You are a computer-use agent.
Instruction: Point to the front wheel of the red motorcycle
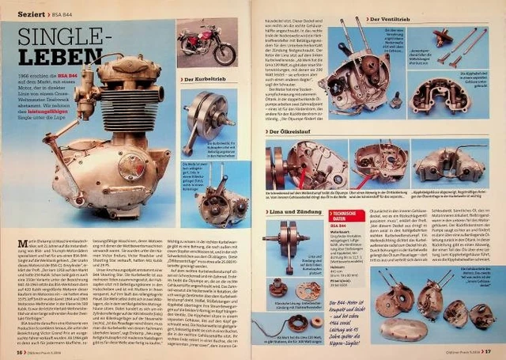point(225,55)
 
